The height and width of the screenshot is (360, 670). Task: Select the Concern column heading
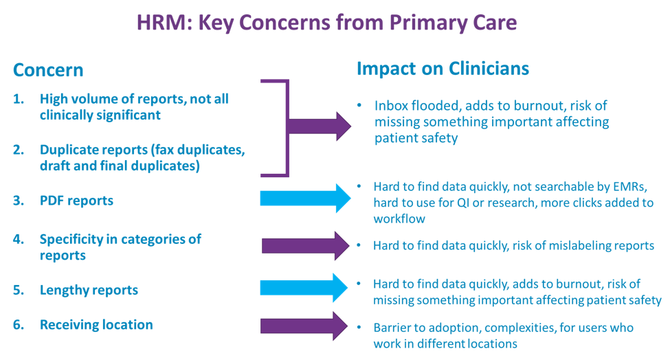(48, 70)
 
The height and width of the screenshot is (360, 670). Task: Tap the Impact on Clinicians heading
(443, 69)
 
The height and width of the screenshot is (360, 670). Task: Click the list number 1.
(18, 99)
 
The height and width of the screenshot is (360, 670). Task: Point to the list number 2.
(18, 150)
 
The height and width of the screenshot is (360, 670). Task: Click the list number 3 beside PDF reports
(18, 201)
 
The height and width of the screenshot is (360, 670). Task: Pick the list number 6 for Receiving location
(18, 325)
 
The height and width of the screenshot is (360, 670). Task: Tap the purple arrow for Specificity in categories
(306, 245)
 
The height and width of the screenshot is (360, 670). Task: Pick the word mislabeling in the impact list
(573, 245)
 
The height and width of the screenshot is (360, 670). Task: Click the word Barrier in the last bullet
(392, 328)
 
